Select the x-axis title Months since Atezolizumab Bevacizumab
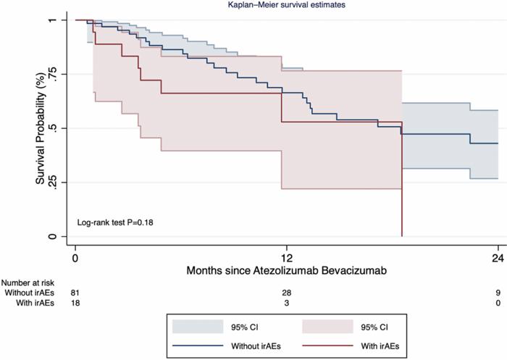tap(287, 270)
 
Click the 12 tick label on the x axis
tap(287, 257)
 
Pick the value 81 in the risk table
tap(75, 292)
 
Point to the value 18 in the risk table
tap(75, 303)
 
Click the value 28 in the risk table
tap(287, 292)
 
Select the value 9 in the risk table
tap(498, 292)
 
